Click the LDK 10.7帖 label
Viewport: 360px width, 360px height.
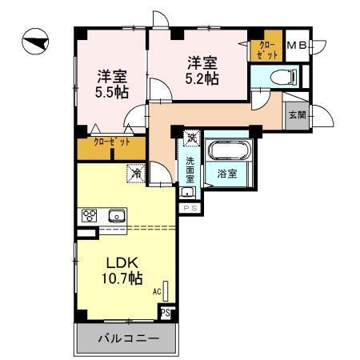click(119, 270)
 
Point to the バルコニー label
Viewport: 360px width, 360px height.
click(123, 338)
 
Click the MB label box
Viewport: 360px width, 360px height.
click(297, 46)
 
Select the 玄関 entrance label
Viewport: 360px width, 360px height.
click(297, 114)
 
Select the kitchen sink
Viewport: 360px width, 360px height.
click(117, 215)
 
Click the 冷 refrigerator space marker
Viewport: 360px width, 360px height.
click(137, 172)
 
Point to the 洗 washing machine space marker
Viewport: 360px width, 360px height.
click(191, 137)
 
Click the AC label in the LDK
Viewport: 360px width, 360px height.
click(157, 292)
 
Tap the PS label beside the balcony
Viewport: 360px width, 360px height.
click(165, 313)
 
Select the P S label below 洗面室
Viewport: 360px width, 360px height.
click(190, 208)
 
